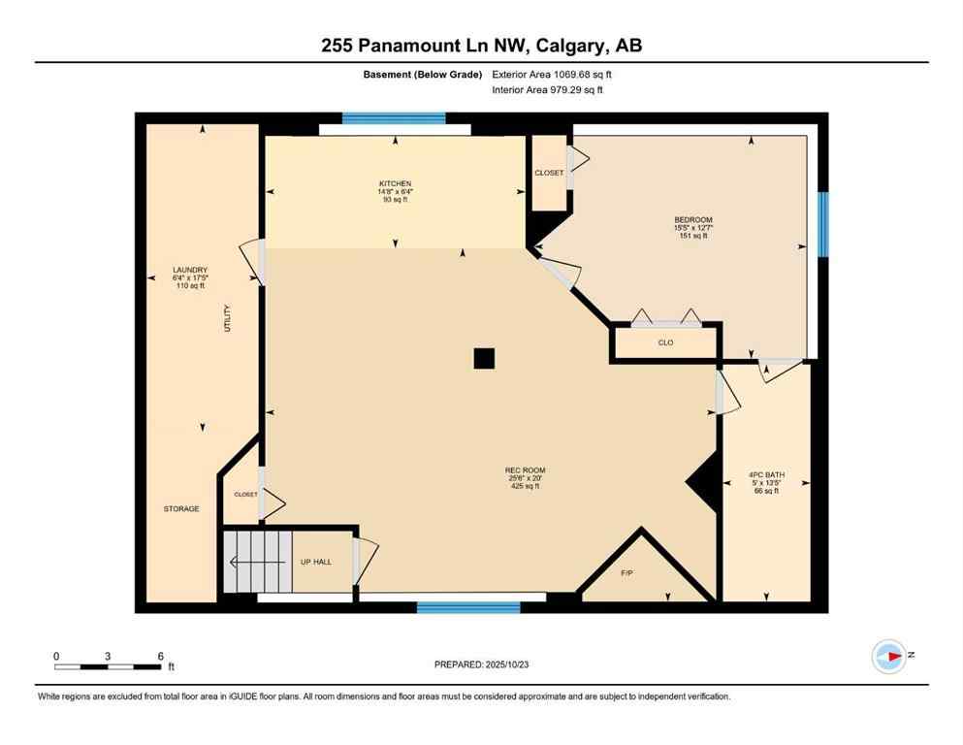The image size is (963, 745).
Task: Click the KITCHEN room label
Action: click(x=395, y=183)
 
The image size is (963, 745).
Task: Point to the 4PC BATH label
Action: click(x=767, y=474)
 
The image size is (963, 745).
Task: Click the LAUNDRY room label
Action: click(x=190, y=270)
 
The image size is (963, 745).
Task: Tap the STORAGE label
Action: click(x=181, y=508)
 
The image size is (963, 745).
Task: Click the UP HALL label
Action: click(x=317, y=562)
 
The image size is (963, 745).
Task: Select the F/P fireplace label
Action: click(x=626, y=573)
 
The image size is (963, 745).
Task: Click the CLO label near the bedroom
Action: click(x=665, y=342)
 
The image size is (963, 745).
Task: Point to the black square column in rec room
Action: click(x=484, y=359)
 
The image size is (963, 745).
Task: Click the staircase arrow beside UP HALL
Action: click(x=257, y=561)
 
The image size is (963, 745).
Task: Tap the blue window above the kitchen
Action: click(x=394, y=118)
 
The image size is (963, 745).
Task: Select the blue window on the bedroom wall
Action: click(x=822, y=224)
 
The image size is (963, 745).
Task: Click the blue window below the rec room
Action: click(x=468, y=608)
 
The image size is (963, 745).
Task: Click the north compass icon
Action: click(x=888, y=656)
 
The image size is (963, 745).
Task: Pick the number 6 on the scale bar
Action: click(x=161, y=656)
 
